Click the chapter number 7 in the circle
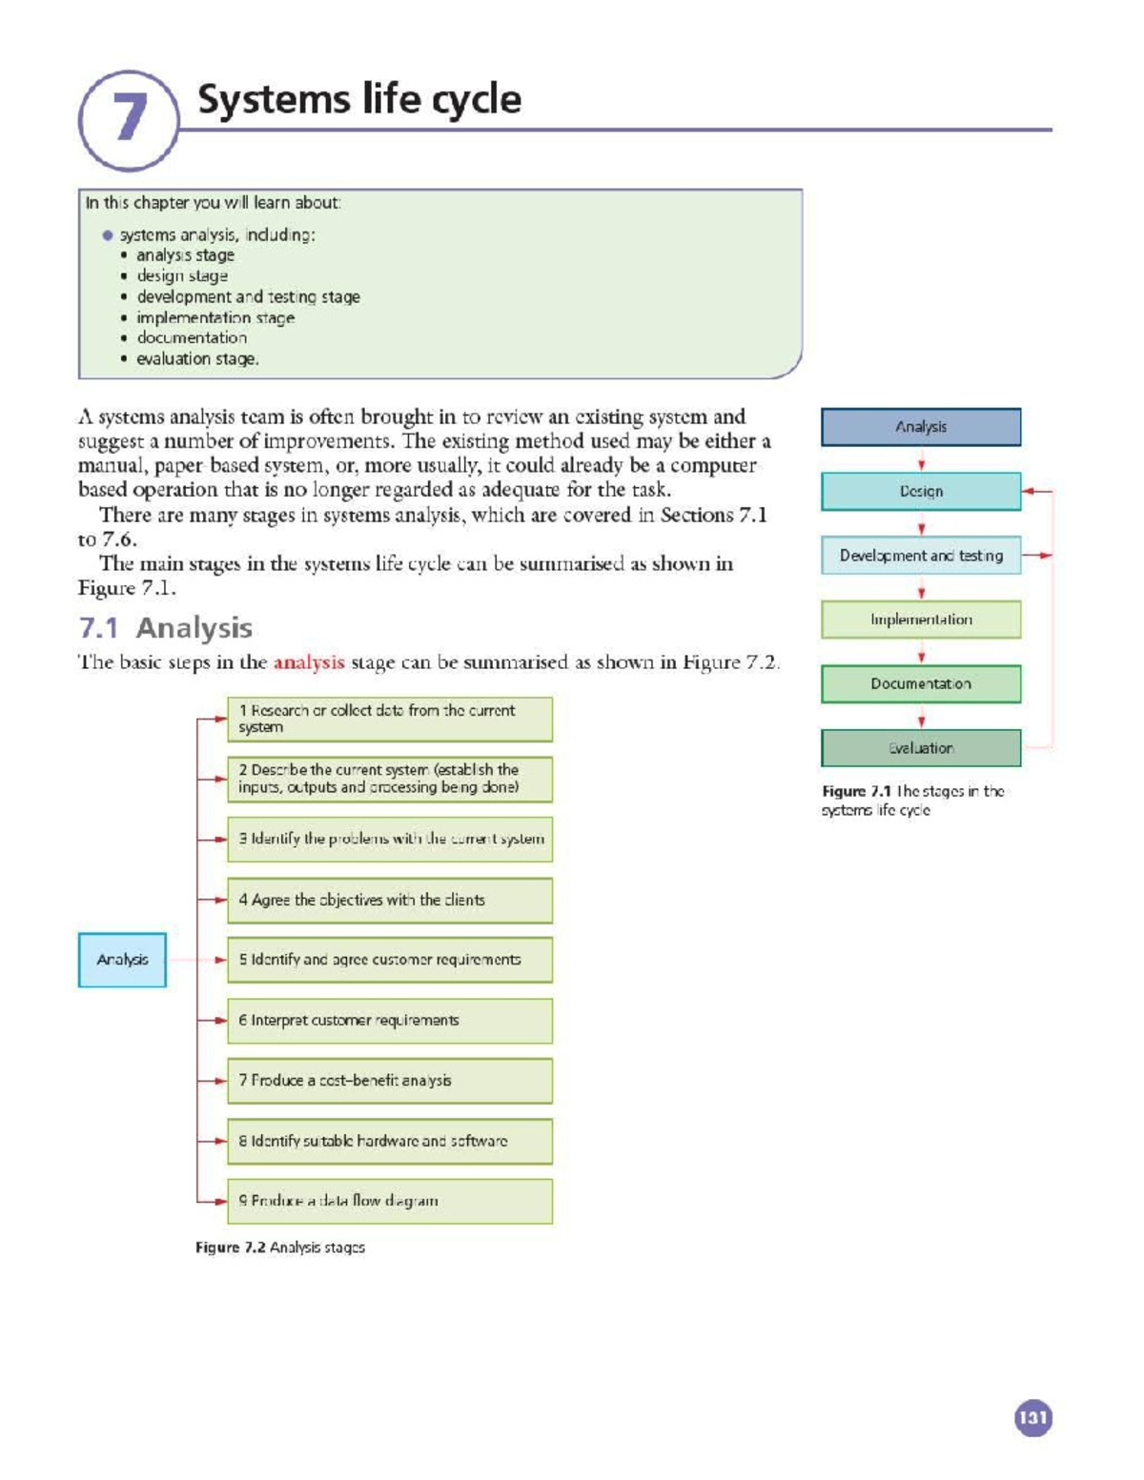tap(129, 118)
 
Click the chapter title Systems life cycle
tap(358, 100)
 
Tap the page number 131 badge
tap(1032, 1417)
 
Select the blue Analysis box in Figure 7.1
tap(920, 427)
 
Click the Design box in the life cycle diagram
tap(920, 492)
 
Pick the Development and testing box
tap(920, 556)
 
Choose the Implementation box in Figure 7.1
tap(920, 619)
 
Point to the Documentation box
tap(920, 684)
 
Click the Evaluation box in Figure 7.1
tap(920, 748)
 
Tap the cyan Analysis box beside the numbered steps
tap(122, 960)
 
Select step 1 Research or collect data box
tap(389, 720)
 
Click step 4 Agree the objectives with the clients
tap(389, 900)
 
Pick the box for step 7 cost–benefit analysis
tap(389, 1081)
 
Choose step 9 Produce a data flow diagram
tap(389, 1201)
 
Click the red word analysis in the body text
tap(308, 662)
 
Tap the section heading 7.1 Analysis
tap(165, 628)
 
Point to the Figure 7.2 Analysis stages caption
tap(279, 1247)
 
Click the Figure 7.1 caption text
tap(912, 801)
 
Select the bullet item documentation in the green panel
tap(191, 338)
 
